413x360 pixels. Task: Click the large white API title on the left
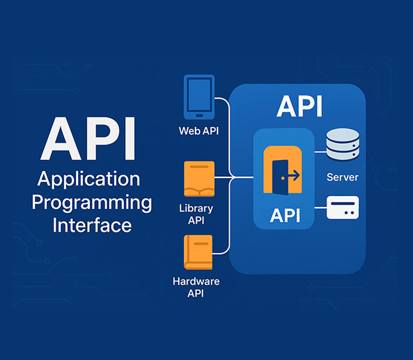tap(88, 139)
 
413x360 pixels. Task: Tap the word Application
tap(88, 179)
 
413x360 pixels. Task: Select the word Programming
tap(92, 203)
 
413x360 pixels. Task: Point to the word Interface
tap(92, 225)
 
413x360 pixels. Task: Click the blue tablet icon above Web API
tap(199, 97)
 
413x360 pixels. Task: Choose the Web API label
tap(199, 131)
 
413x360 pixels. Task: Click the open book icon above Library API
tap(199, 179)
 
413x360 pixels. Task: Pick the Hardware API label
tap(196, 288)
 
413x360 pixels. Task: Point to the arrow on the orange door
tap(292, 174)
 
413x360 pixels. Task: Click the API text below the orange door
tap(285, 215)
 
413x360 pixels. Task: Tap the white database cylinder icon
tap(343, 145)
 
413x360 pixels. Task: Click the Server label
tap(343, 177)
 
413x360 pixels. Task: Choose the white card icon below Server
tap(343, 208)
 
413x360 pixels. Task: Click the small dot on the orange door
tap(283, 175)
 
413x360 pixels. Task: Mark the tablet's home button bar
tap(199, 116)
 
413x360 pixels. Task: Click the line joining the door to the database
tap(319, 152)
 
